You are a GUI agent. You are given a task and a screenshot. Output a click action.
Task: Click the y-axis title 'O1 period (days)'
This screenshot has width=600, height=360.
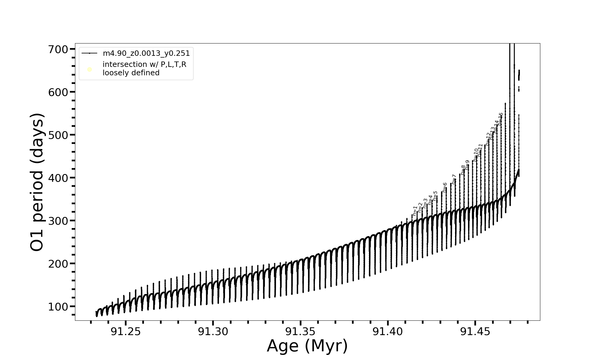[37, 182]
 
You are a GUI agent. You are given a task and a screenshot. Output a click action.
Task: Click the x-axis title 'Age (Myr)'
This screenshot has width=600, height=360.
[307, 346]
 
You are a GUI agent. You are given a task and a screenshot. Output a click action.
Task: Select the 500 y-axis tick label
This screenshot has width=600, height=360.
[58, 135]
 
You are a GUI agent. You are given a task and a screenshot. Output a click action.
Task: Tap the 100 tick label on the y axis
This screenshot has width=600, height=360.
[58, 307]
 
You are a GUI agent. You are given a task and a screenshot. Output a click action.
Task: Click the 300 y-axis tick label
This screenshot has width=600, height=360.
[58, 221]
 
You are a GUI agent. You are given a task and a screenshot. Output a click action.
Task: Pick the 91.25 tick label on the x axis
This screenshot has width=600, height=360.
[126, 331]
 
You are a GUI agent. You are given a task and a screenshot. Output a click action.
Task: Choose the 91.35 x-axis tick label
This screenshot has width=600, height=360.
[300, 331]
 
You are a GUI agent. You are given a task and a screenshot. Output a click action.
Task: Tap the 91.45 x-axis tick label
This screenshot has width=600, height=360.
[475, 331]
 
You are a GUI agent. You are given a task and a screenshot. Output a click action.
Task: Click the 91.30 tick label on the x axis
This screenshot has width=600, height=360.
[213, 331]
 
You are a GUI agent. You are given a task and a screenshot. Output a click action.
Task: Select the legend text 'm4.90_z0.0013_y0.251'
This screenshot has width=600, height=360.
[146, 53]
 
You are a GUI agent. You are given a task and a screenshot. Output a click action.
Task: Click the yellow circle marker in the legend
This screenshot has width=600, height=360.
[89, 70]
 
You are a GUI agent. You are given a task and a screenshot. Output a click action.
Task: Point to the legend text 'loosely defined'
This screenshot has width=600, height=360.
[131, 73]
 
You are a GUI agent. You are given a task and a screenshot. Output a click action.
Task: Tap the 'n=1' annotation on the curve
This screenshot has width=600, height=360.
[415, 211]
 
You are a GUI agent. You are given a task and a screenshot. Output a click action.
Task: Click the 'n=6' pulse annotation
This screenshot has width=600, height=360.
[445, 187]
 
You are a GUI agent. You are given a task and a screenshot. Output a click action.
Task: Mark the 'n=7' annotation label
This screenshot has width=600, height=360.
[454, 179]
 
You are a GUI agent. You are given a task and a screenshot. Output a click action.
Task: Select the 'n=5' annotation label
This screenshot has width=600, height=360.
[435, 196]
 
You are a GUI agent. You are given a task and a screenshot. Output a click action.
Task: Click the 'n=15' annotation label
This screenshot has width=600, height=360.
[500, 119]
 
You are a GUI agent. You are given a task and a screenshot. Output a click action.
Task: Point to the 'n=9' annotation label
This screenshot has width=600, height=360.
[467, 165]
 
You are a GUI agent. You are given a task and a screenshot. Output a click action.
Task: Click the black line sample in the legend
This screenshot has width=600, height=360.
[89, 53]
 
